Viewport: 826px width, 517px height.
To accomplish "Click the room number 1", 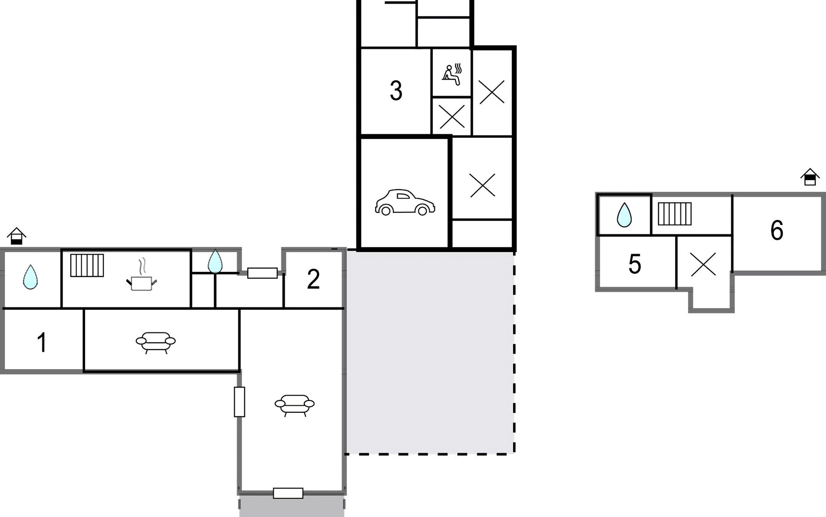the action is tap(42, 343).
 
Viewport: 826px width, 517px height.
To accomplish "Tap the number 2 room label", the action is tap(313, 279).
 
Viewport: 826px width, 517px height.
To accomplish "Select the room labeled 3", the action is tap(396, 91).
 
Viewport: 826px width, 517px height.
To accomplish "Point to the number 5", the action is tap(635, 264).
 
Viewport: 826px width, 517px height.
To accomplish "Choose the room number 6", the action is tap(777, 230).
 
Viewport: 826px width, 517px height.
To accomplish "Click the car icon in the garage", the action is tap(405, 202).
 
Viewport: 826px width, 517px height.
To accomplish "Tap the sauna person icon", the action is tap(452, 74).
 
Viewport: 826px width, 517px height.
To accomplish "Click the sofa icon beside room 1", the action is tap(156, 343).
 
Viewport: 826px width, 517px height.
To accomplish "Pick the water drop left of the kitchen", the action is tap(30, 277).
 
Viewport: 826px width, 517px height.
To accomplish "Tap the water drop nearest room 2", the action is tap(215, 261).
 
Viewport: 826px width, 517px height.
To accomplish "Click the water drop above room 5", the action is tap(624, 215).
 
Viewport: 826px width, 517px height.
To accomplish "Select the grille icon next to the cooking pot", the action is tap(87, 265).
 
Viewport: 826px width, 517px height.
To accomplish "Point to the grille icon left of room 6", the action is tap(675, 214).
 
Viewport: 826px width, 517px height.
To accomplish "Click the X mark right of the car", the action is tap(483, 185).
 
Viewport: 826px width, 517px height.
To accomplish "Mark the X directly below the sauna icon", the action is tap(452, 116).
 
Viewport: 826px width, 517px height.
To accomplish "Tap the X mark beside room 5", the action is tap(703, 264).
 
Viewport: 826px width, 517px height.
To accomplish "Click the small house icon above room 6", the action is tap(810, 177).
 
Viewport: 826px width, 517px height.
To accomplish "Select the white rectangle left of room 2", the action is tap(262, 273).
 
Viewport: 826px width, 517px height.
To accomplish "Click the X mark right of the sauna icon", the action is tap(492, 92).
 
